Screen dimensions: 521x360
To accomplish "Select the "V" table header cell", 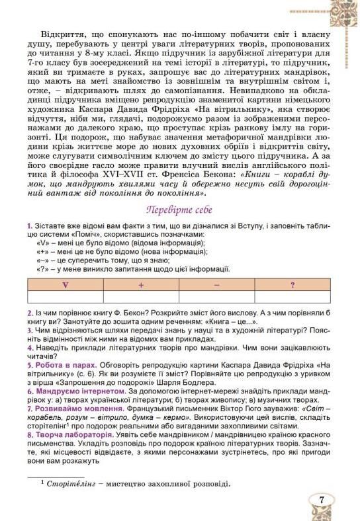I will (65, 285).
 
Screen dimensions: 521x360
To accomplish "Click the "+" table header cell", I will (141, 285).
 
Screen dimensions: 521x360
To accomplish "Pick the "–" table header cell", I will (217, 285).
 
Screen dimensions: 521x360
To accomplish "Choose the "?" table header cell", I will (292, 285).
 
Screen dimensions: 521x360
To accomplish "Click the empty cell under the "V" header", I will (65, 297).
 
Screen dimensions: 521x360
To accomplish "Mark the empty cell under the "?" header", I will (292, 297).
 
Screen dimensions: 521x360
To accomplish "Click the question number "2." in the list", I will (30, 313).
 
